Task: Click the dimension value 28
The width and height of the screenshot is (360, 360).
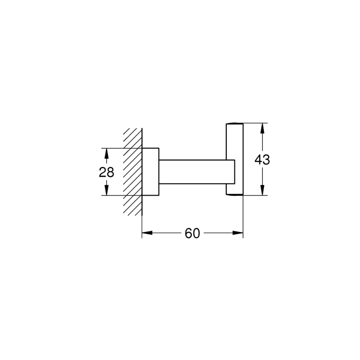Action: (x=107, y=172)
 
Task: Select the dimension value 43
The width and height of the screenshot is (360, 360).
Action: (x=262, y=159)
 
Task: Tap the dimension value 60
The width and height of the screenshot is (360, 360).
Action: (x=192, y=234)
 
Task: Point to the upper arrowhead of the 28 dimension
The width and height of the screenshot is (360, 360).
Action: (x=107, y=153)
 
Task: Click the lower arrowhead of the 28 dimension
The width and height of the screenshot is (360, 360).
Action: (x=107, y=191)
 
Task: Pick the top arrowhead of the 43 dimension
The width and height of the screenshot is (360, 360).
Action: (x=262, y=127)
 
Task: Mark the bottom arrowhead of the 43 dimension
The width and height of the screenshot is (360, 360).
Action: (x=262, y=190)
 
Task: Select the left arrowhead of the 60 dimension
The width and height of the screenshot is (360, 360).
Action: (x=146, y=233)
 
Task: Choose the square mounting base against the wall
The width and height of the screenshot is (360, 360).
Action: (x=151, y=171)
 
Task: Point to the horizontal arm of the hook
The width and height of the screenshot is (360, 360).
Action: (x=193, y=171)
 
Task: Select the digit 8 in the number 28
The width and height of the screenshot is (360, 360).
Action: (x=110, y=172)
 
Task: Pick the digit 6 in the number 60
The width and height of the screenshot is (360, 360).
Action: (x=188, y=234)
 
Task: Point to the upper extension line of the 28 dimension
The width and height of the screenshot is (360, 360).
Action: (x=120, y=148)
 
